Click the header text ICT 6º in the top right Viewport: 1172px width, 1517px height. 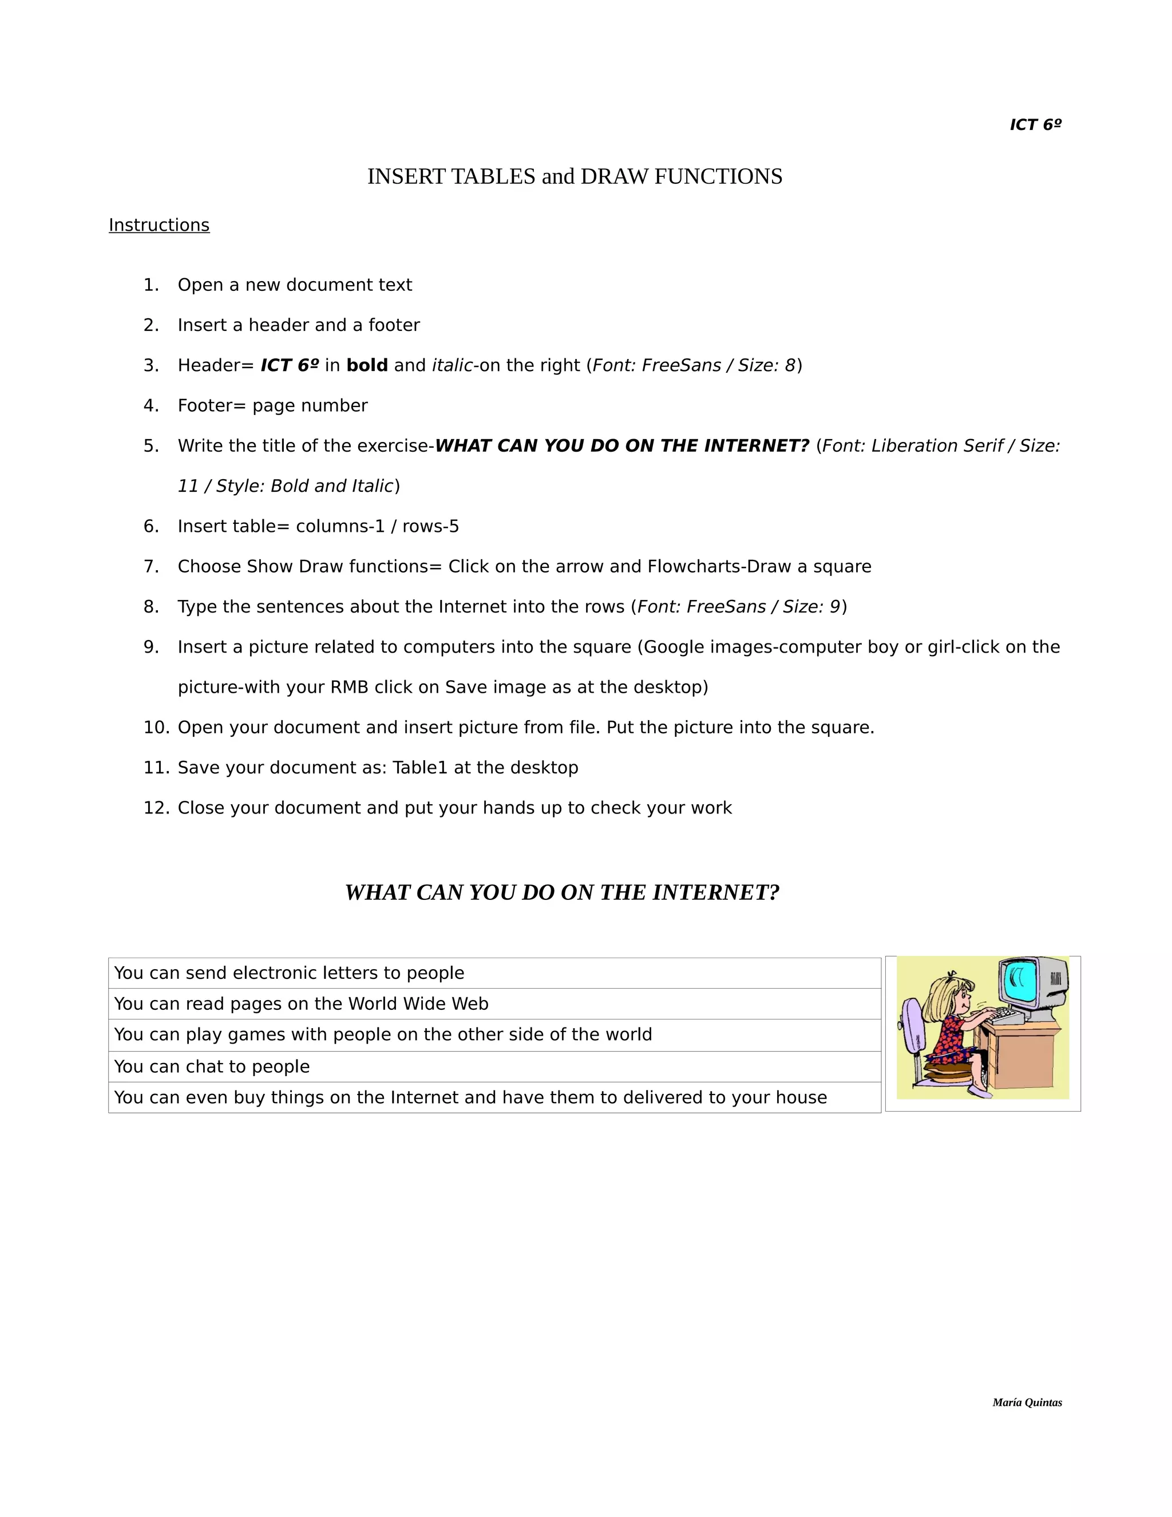pos(1035,124)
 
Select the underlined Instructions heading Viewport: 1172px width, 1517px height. pos(159,225)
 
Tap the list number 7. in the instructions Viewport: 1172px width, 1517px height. pos(151,567)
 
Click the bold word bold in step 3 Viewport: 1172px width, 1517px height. pos(367,365)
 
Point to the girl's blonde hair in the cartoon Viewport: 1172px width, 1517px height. pos(945,1000)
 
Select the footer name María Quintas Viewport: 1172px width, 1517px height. pos(1027,1403)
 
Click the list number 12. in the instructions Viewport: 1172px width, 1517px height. pos(156,808)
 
